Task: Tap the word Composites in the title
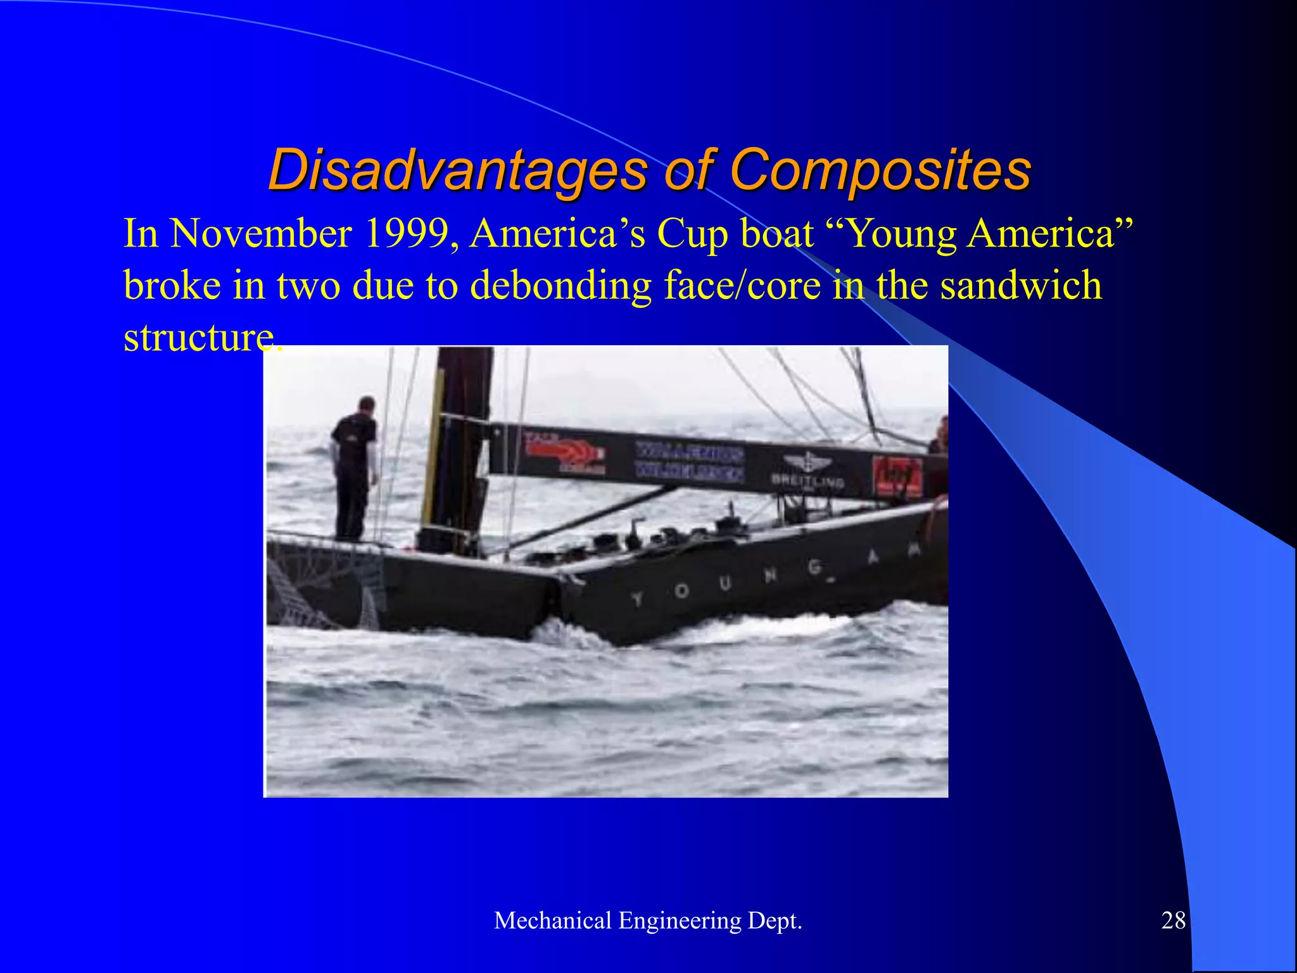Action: (x=880, y=170)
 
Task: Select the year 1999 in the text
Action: (x=412, y=233)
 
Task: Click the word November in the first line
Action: (x=261, y=233)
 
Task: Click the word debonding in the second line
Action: (x=560, y=285)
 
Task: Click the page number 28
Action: (x=1173, y=920)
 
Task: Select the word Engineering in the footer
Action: (x=679, y=921)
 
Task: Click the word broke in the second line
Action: (x=172, y=285)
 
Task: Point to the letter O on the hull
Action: (x=681, y=590)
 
